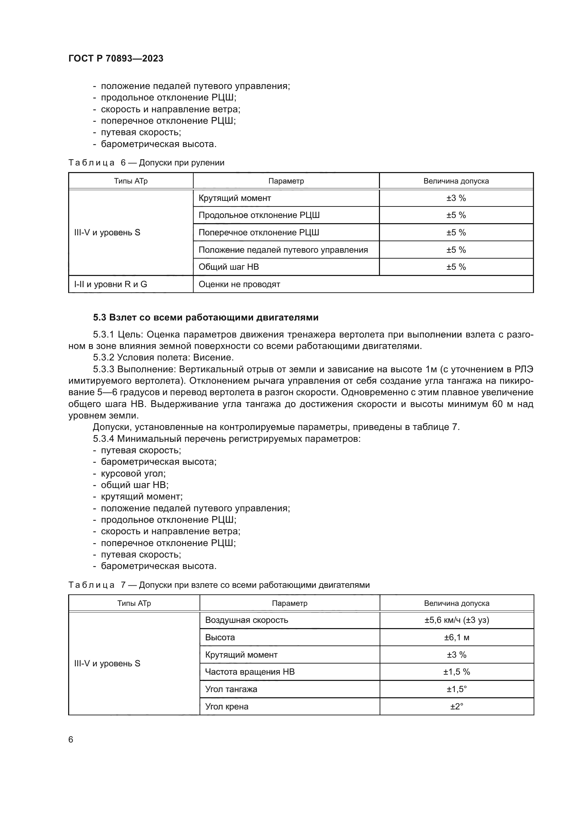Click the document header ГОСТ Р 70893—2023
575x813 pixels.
point(116,58)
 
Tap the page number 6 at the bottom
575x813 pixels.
point(71,739)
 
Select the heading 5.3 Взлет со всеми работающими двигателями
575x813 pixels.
point(206,317)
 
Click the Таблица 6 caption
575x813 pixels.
point(146,163)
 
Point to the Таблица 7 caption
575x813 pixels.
point(219,585)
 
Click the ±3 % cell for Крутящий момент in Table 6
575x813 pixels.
point(456,198)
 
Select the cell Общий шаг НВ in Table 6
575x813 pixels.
point(229,267)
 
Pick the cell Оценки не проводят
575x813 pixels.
point(239,284)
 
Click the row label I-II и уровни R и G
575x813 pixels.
point(111,284)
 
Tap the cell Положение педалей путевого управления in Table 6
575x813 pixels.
point(283,250)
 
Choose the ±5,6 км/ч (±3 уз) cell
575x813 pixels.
point(456,620)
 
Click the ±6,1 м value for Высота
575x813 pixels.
point(456,637)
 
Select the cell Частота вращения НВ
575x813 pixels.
point(250,672)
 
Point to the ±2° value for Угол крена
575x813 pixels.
point(456,706)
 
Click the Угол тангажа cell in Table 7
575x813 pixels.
point(231,689)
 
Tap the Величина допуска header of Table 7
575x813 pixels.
point(456,603)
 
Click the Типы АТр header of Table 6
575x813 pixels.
point(131,181)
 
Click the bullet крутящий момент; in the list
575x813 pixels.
point(141,496)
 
